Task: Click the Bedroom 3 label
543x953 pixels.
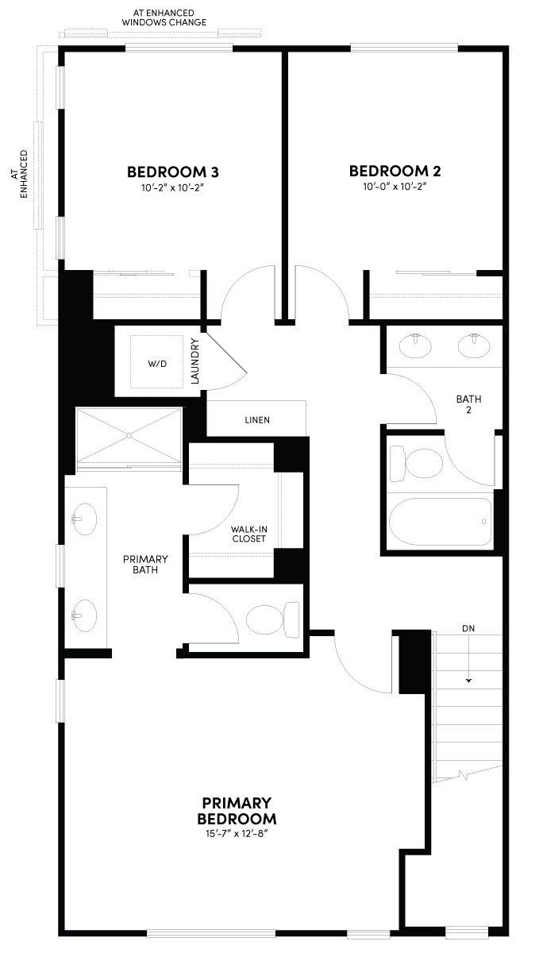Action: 173,172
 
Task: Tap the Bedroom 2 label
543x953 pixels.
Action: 395,171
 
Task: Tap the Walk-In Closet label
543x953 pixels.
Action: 248,534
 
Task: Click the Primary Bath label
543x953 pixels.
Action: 146,564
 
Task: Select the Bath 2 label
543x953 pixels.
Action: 468,405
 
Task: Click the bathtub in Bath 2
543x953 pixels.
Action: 440,521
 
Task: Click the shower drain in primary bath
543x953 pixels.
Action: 129,435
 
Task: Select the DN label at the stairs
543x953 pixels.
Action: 468,628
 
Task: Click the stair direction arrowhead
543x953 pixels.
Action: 469,680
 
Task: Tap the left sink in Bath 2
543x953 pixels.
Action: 413,345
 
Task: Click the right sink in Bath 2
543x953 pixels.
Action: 473,345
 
